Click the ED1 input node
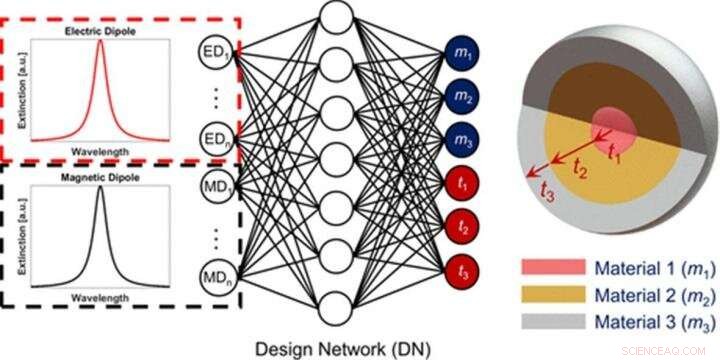point(217,49)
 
